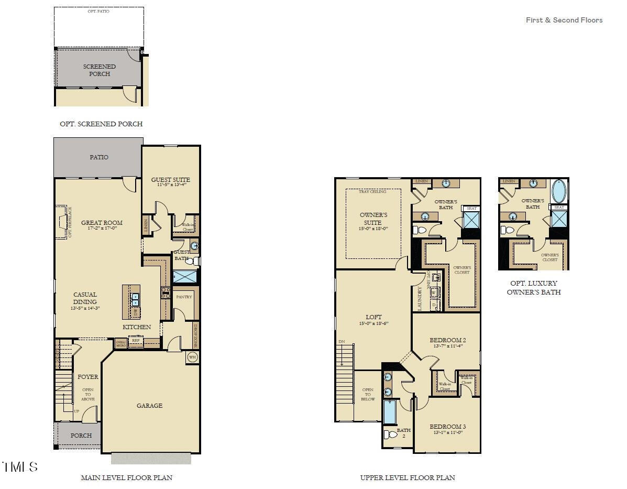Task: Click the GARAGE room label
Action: pos(149,405)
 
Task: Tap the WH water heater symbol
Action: pos(192,358)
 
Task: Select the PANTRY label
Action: pos(184,297)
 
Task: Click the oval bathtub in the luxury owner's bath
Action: pos(559,191)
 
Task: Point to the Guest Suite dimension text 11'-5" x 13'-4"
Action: pos(171,185)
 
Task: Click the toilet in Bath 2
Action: pos(391,434)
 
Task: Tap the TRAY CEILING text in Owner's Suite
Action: pos(372,192)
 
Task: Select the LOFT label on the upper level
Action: pos(373,317)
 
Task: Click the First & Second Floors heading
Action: pos(564,20)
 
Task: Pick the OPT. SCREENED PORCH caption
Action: pos(101,124)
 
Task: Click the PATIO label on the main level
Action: pos(99,157)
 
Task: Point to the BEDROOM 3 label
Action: pos(447,427)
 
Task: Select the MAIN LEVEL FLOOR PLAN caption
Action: pos(126,477)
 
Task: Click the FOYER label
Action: pos(87,377)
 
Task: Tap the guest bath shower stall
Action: pos(185,277)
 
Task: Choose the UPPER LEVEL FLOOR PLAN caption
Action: pos(407,477)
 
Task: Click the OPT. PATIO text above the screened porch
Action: pos(98,11)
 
